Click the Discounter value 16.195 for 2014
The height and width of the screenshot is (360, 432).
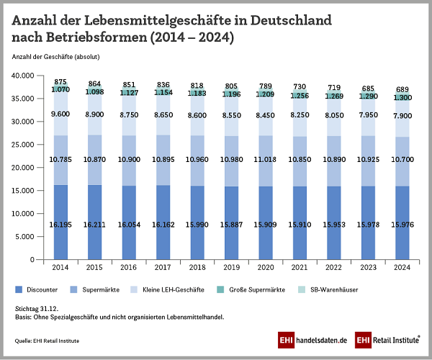[60, 225]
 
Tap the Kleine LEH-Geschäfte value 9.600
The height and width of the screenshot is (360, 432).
[60, 113]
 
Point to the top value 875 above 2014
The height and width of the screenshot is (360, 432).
[60, 81]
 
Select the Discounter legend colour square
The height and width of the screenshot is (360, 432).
[19, 289]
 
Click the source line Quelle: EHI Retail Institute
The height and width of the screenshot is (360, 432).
[46, 340]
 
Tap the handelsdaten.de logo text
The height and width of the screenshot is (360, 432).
[322, 339]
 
